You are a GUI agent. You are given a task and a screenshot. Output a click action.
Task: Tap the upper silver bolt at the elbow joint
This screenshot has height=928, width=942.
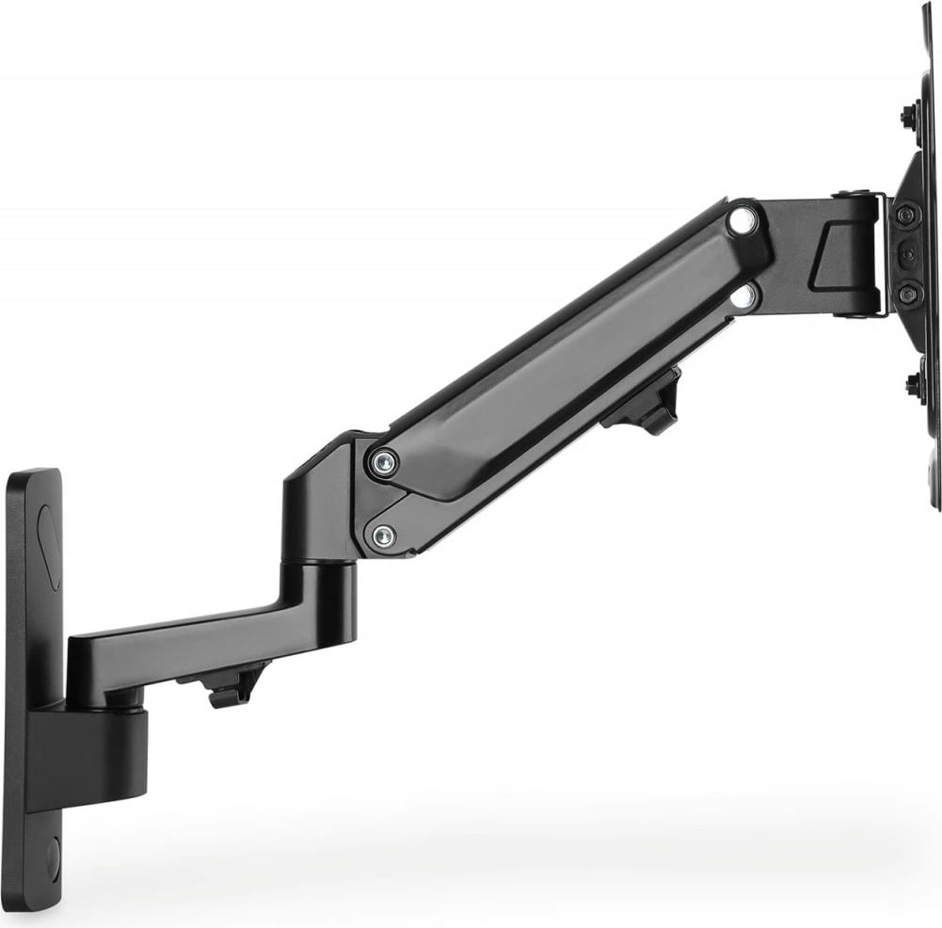[383, 462]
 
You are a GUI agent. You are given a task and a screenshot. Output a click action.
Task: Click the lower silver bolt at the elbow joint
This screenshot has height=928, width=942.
[382, 536]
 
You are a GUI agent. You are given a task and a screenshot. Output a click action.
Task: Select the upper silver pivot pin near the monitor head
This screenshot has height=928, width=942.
[742, 221]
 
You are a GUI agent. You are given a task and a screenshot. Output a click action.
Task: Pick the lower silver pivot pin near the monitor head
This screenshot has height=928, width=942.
[742, 296]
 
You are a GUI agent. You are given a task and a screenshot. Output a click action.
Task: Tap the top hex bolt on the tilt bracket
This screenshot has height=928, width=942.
[906, 215]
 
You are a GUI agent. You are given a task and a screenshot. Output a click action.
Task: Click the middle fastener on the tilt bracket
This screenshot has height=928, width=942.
[906, 254]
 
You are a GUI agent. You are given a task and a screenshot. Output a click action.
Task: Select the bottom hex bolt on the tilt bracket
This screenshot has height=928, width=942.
[906, 294]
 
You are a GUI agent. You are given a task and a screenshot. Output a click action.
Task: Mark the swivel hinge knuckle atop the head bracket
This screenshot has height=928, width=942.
[856, 198]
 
